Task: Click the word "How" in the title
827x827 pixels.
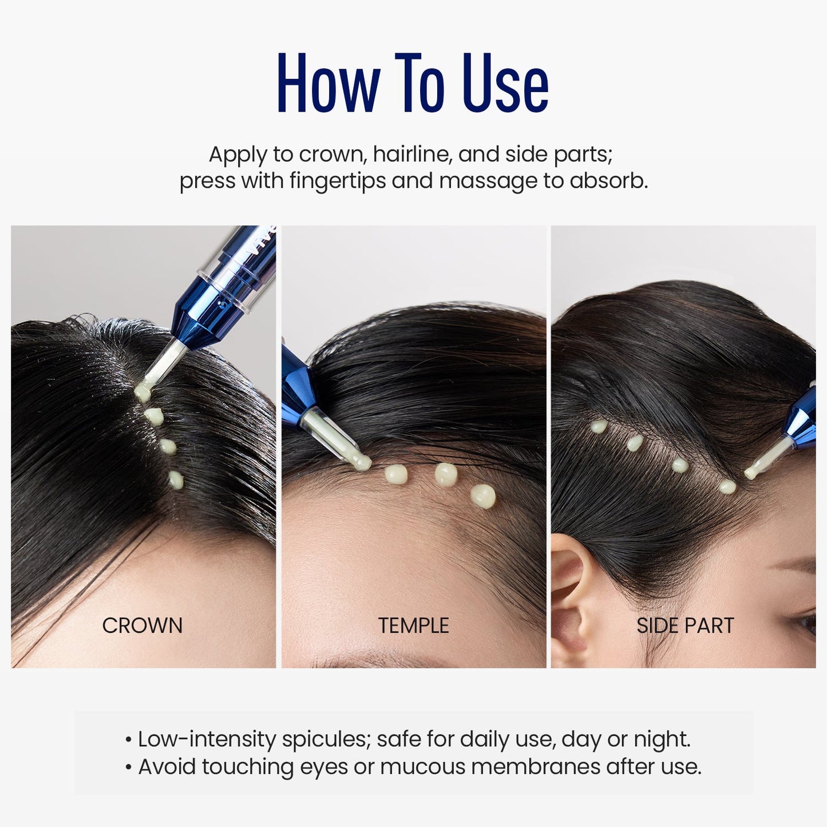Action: pos(328,84)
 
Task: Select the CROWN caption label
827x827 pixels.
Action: pos(143,626)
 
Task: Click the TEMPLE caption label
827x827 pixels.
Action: pos(413,626)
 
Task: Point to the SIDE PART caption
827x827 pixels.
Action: pos(685,626)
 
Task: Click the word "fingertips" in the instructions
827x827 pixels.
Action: pos(337,181)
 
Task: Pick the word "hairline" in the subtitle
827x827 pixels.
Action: pos(410,155)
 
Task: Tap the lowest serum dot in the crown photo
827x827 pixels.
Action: pos(176,480)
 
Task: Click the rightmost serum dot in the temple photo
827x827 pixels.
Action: pos(484,496)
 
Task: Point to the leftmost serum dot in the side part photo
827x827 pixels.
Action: pos(599,426)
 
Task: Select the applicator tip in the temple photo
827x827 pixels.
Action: pos(360,461)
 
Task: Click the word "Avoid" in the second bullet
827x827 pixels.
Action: pos(167,767)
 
